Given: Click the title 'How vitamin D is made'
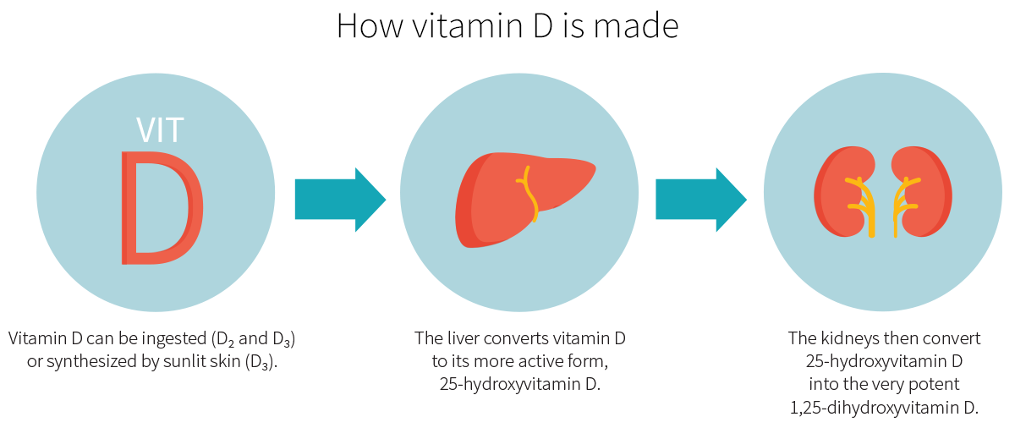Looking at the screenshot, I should pyautogui.click(x=507, y=25).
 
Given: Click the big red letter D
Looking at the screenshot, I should pyautogui.click(x=161, y=207).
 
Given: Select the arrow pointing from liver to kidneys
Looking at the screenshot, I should pyautogui.click(x=700, y=200).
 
